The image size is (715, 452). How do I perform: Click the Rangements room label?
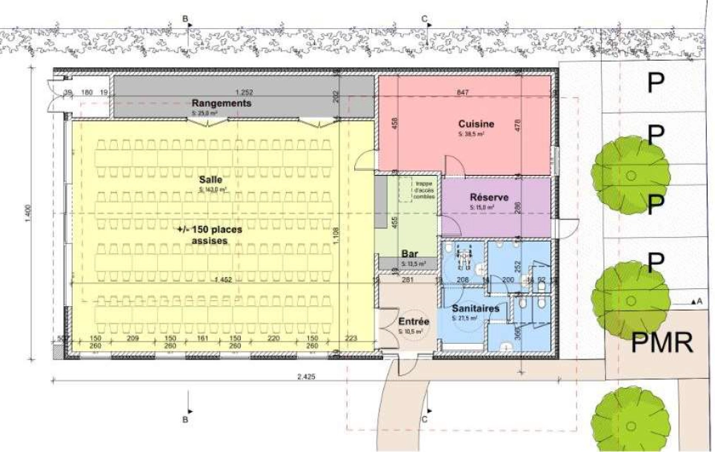(222, 103)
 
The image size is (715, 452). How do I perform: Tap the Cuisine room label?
(476, 124)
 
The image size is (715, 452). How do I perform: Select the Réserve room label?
(489, 198)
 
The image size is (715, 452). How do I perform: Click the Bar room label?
(410, 253)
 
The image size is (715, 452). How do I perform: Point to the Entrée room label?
(413, 322)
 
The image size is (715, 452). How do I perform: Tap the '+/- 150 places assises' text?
(210, 235)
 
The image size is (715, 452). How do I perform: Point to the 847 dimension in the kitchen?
(465, 92)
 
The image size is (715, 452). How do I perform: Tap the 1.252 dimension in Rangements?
(245, 92)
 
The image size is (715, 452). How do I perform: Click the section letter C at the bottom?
(425, 419)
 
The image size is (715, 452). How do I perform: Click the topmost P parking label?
(655, 84)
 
